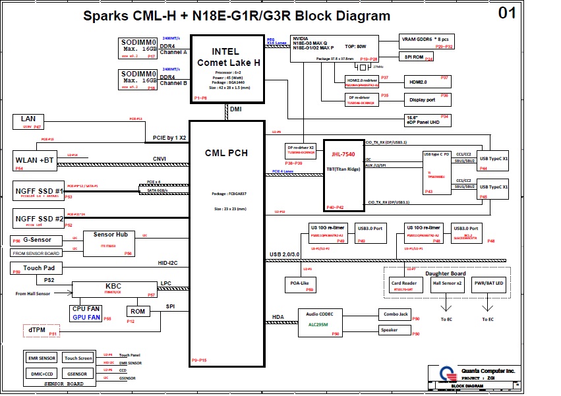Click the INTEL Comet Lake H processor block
[227, 68]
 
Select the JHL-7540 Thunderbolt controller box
[343, 175]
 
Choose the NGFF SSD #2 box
[40, 218]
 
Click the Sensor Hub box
[111, 242]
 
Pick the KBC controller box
[113, 289]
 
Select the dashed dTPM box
[42, 331]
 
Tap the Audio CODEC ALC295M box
[320, 322]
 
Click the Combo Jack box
[394, 314]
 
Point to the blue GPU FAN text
[87, 318]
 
